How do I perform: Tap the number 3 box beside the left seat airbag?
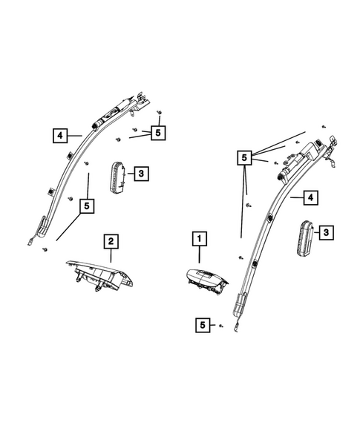coord(141,174)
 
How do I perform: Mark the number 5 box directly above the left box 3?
coord(157,133)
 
